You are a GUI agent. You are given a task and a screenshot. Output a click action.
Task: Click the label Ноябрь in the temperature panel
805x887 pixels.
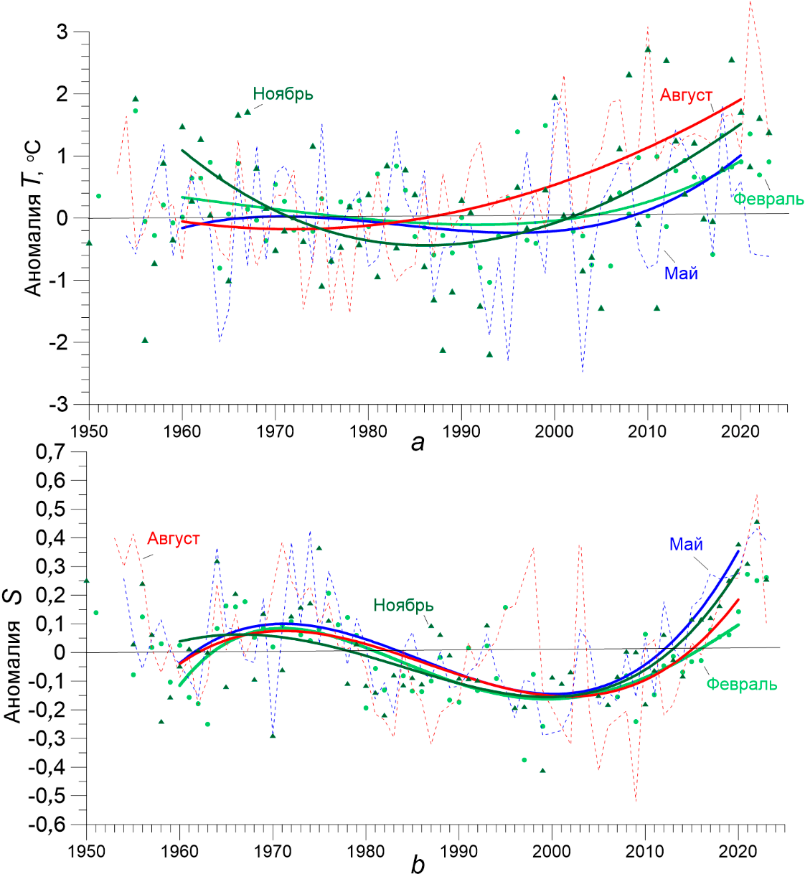pos(283,94)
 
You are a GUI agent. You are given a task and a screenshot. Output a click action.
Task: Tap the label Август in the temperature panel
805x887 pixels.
pos(686,95)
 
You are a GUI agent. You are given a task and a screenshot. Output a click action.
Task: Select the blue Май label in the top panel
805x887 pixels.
pos(681,273)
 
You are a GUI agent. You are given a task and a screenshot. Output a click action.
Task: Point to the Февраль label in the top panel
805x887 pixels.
pos(768,199)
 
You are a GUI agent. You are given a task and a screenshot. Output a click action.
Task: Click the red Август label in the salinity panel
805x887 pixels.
pos(173,539)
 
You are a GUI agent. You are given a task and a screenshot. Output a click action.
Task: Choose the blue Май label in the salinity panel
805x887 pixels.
pos(686,545)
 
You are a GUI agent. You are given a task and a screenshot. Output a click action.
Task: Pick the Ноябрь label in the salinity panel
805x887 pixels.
pos(403,606)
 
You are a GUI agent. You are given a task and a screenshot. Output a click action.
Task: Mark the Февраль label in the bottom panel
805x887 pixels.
pos(741,684)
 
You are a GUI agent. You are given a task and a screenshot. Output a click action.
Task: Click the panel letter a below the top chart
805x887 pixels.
pos(418,443)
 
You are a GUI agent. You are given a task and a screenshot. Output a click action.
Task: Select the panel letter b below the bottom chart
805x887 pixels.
pos(418,865)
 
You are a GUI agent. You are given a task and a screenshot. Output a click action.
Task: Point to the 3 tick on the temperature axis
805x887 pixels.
pos(62,32)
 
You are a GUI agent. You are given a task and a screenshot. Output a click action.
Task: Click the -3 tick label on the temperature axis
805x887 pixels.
pos(58,404)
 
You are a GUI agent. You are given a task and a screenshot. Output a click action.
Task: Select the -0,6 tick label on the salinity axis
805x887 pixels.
pos(47,824)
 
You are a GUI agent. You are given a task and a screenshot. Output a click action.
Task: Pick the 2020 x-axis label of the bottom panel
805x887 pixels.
pos(738,851)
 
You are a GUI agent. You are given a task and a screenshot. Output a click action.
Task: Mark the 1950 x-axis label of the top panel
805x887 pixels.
pos(90,431)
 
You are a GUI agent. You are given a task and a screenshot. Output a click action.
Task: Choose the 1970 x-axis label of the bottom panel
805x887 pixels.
pos(273,851)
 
